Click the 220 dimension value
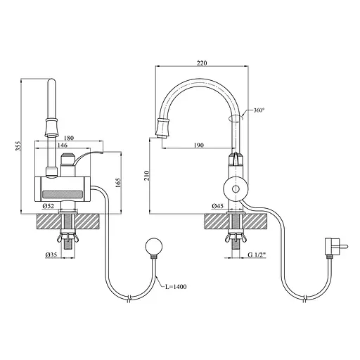pos(202,63)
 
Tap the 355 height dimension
pos(18,146)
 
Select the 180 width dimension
pos(68,138)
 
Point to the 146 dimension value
pos(63,145)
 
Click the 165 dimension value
pos(118,183)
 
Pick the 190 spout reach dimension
pos(199,145)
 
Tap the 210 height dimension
pos(147,175)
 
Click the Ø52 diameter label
pos(49,206)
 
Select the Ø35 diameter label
pos(51,255)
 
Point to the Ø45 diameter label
pos(217,206)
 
